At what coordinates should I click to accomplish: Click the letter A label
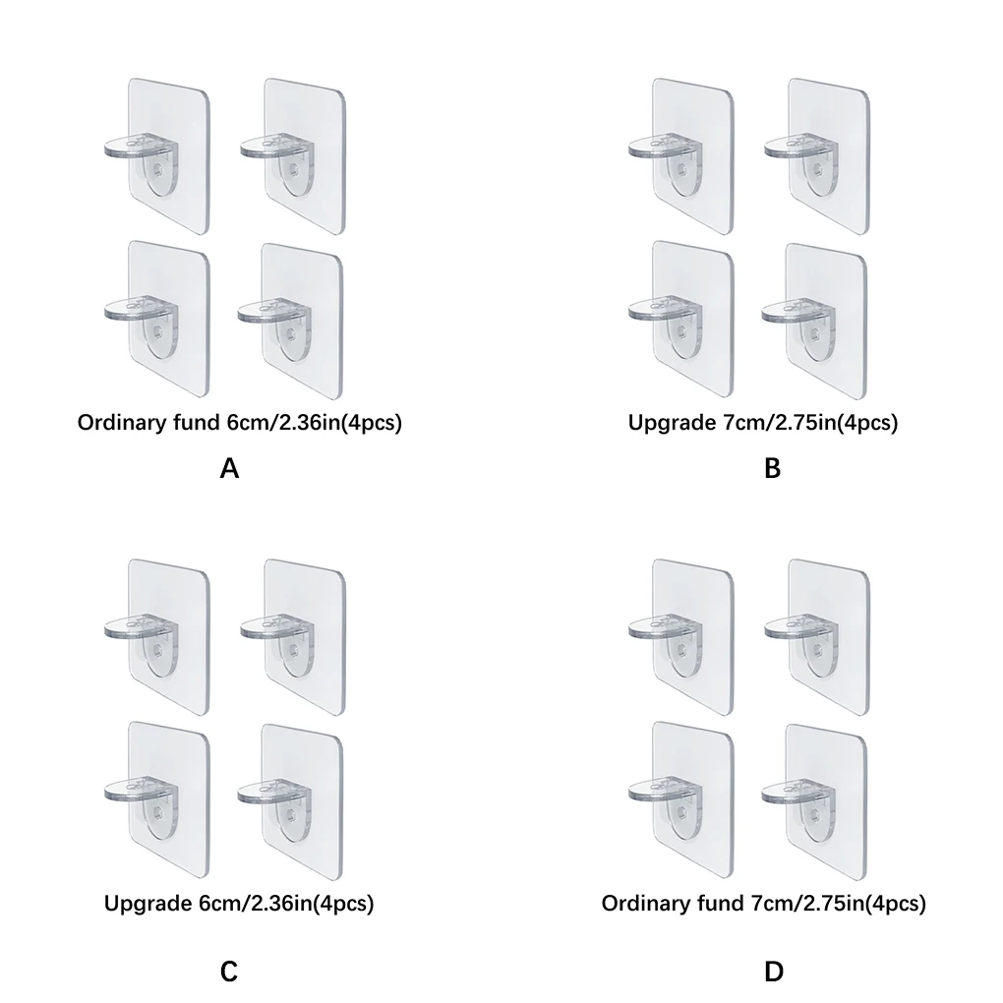tap(229, 468)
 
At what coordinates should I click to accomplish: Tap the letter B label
tap(772, 468)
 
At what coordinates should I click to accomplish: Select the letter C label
tap(229, 972)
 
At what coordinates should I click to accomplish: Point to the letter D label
tap(773, 972)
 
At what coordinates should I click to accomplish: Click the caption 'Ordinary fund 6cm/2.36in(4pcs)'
tap(241, 424)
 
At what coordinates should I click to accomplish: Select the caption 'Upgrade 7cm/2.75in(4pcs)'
tap(763, 424)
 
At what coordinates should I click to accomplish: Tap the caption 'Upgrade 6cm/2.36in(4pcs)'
tap(239, 903)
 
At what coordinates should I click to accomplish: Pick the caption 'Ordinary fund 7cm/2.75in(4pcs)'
tap(763, 903)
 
